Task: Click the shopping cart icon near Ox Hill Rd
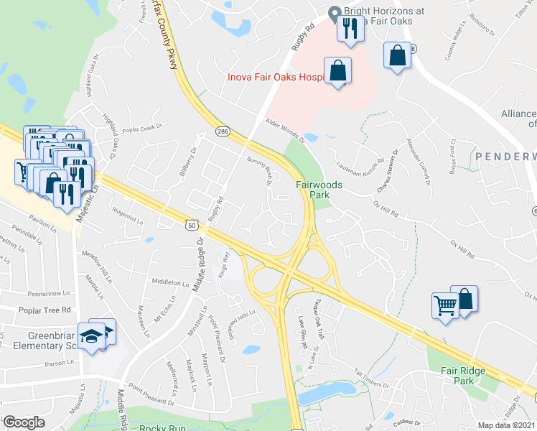click(x=445, y=305)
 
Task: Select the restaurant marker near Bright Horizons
click(x=350, y=29)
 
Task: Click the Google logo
click(x=24, y=422)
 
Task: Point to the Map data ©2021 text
click(x=507, y=425)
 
